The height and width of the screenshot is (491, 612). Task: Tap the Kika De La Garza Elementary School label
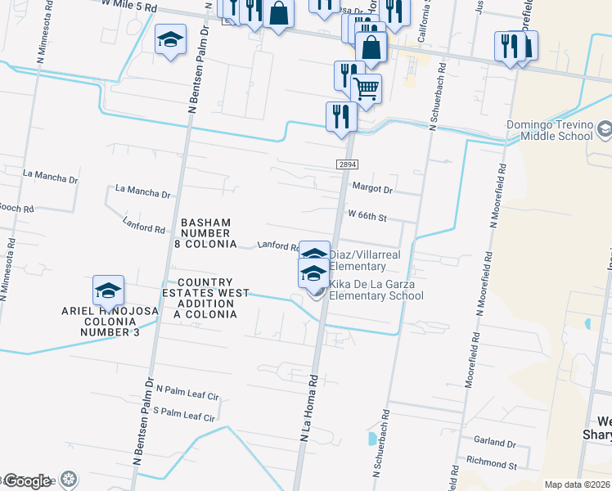376,290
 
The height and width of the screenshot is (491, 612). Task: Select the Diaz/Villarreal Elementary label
357,260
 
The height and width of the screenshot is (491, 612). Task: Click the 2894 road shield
346,164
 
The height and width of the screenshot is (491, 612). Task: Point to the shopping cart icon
367,88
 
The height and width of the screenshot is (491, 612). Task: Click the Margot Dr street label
372,188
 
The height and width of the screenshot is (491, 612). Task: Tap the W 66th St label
367,217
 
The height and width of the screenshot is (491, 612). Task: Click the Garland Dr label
494,443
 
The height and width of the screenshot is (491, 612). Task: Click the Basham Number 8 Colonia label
205,233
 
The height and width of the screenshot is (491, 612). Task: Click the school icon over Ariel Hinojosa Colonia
108,290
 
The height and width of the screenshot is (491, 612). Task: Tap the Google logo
27,481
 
